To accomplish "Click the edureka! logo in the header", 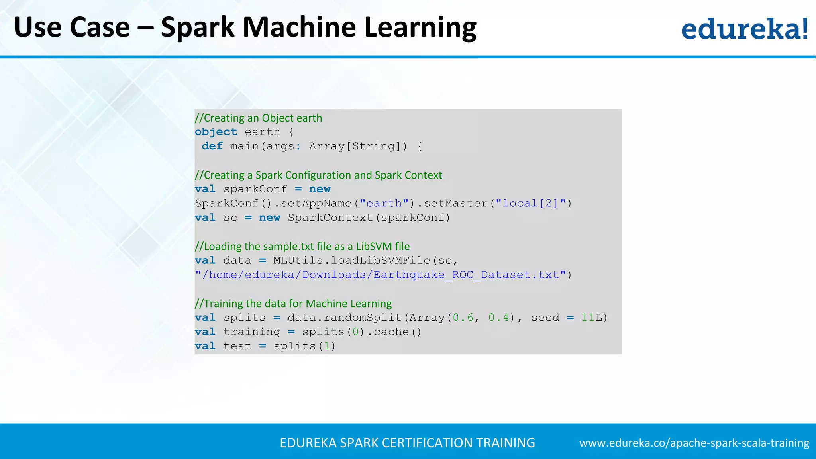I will (x=744, y=29).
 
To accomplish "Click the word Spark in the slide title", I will (x=198, y=28).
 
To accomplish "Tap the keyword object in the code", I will (x=216, y=132).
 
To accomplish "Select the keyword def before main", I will (x=212, y=146).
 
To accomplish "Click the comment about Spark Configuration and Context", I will (x=318, y=175).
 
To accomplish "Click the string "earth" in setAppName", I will (x=384, y=203).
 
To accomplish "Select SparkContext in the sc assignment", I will (x=330, y=218).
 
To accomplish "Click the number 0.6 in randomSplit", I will (x=463, y=318).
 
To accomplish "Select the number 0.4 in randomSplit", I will (x=499, y=318).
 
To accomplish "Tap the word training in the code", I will (x=252, y=332).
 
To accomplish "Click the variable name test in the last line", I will (x=237, y=346).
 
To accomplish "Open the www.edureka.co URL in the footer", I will (x=694, y=443).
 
